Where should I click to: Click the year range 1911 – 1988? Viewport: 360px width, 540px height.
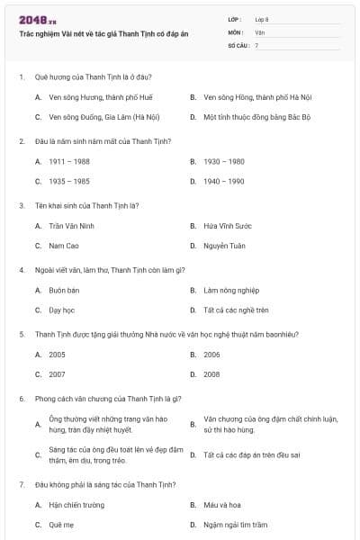69,161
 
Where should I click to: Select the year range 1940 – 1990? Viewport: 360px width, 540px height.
224,181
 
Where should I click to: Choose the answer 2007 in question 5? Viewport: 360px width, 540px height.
57,373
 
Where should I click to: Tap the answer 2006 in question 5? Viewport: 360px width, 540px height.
211,355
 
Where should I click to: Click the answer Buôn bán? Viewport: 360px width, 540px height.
65,290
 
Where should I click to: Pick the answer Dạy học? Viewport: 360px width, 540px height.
61,310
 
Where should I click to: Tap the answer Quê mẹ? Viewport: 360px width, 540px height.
61,524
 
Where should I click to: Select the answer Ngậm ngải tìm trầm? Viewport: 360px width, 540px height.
236,524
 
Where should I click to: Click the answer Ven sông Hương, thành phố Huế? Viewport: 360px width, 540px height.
95,96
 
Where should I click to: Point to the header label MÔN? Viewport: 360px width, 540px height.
235,31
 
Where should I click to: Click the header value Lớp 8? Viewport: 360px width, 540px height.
262,19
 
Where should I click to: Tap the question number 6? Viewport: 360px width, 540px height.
21,398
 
